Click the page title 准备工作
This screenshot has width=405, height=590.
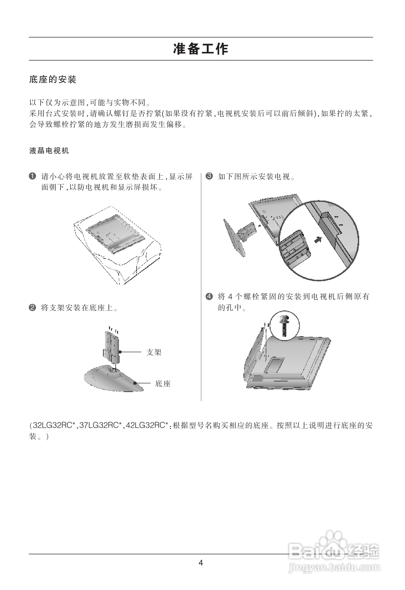click(201, 49)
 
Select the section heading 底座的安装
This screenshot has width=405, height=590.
click(53, 80)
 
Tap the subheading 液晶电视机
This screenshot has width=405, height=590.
click(49, 151)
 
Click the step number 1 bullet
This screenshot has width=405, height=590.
click(32, 176)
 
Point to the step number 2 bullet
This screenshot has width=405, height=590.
click(32, 308)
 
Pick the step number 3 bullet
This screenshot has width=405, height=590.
click(209, 176)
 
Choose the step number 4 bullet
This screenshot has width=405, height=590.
click(209, 296)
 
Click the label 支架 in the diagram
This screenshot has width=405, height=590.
click(154, 352)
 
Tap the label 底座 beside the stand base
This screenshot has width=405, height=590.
click(163, 383)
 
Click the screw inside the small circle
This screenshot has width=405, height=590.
click(285, 325)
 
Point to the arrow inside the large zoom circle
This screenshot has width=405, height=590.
click(318, 239)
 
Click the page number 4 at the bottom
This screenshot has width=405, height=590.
click(201, 563)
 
